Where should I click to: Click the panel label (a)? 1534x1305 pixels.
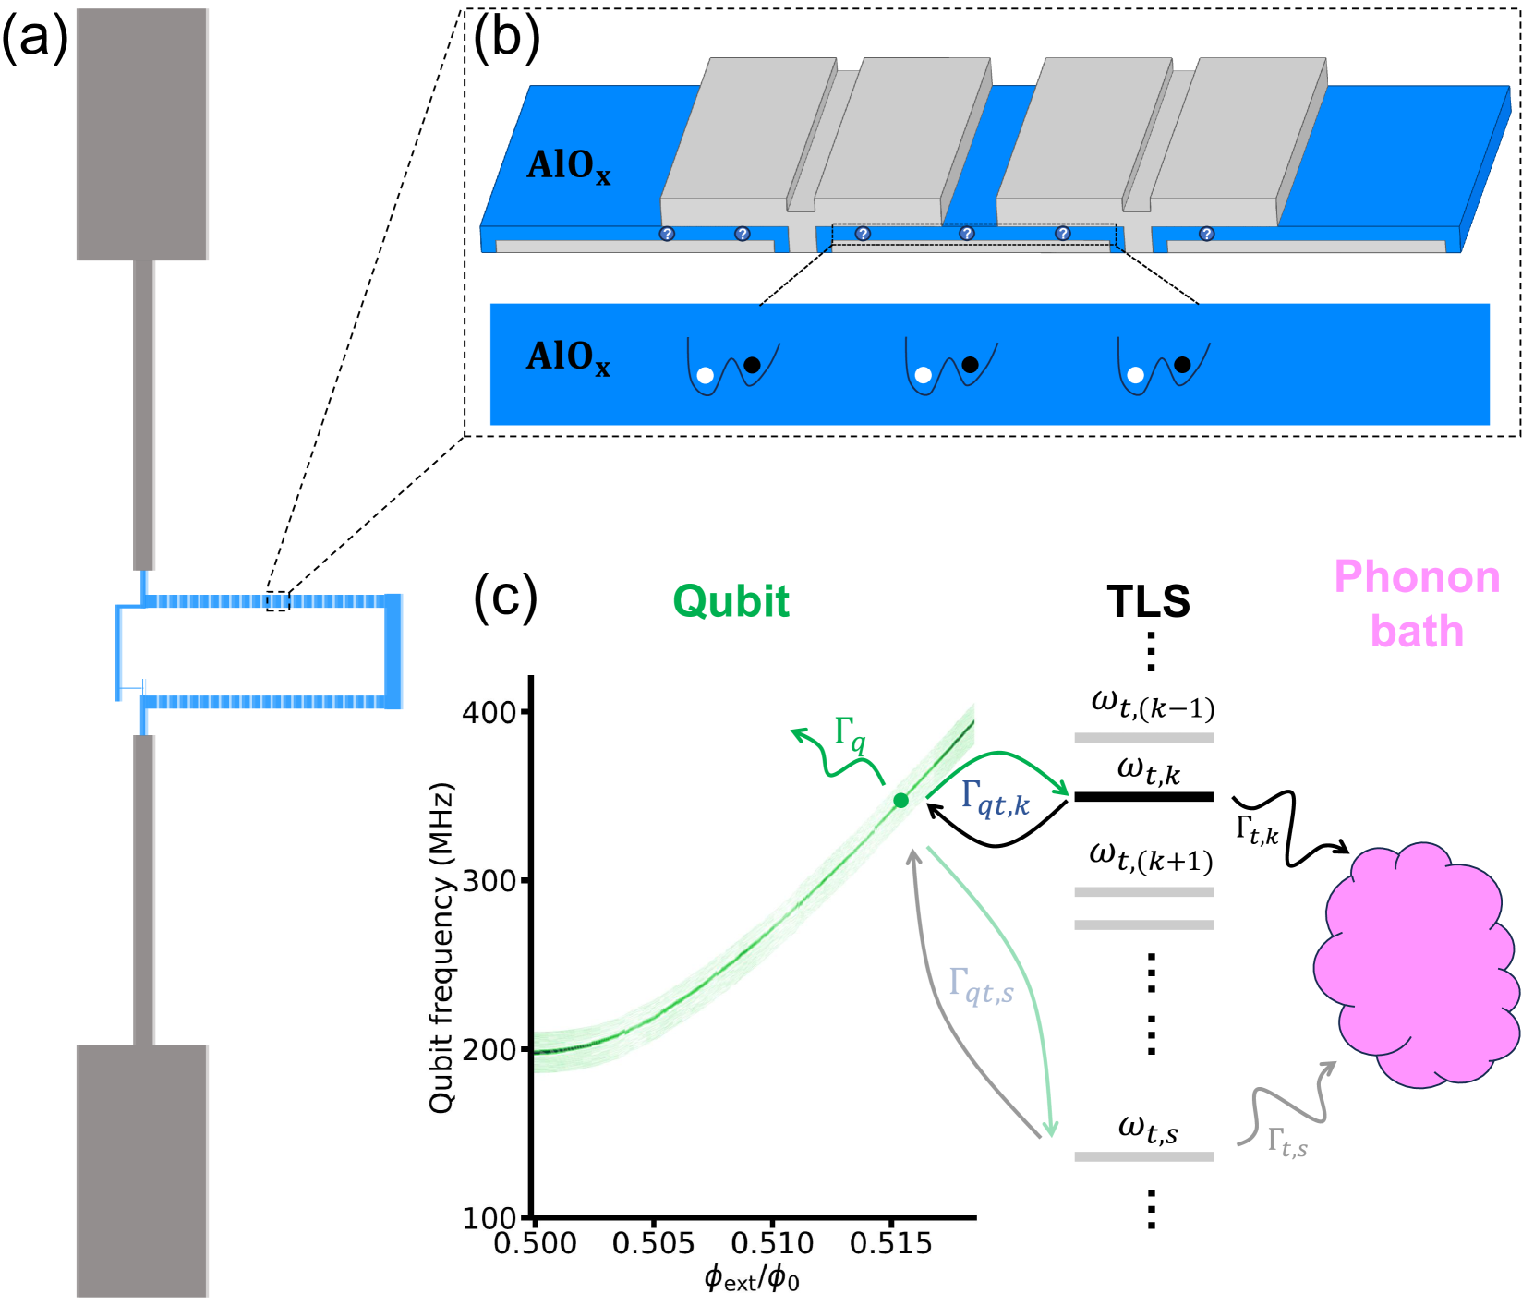coord(35,40)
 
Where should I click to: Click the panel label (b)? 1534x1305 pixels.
coord(505,40)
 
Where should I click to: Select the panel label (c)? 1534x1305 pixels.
coord(505,598)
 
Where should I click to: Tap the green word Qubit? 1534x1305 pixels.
coord(731,601)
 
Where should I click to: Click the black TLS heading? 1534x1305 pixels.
coord(1148,601)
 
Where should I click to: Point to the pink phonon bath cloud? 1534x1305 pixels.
coord(1418,965)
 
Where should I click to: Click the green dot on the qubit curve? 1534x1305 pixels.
coord(900,801)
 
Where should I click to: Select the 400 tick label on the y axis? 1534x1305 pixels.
coord(489,712)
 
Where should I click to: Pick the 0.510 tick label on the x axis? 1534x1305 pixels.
coord(772,1243)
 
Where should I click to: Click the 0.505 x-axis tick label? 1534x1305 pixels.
coord(653,1243)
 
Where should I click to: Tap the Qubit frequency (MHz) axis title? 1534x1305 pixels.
coord(442,947)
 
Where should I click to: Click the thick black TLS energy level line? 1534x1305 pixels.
coord(1143,797)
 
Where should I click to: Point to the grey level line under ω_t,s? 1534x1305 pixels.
coord(1143,1156)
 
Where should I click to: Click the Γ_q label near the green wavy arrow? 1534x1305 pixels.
coord(850,735)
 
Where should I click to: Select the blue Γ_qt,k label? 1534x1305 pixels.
coord(995,798)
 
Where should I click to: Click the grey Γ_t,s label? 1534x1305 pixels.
coord(1286,1142)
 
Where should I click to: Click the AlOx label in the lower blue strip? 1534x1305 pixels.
coord(568,357)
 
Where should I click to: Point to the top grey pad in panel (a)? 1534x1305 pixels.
coord(142,134)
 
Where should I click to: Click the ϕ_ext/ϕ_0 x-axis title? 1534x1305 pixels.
coord(752,1279)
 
